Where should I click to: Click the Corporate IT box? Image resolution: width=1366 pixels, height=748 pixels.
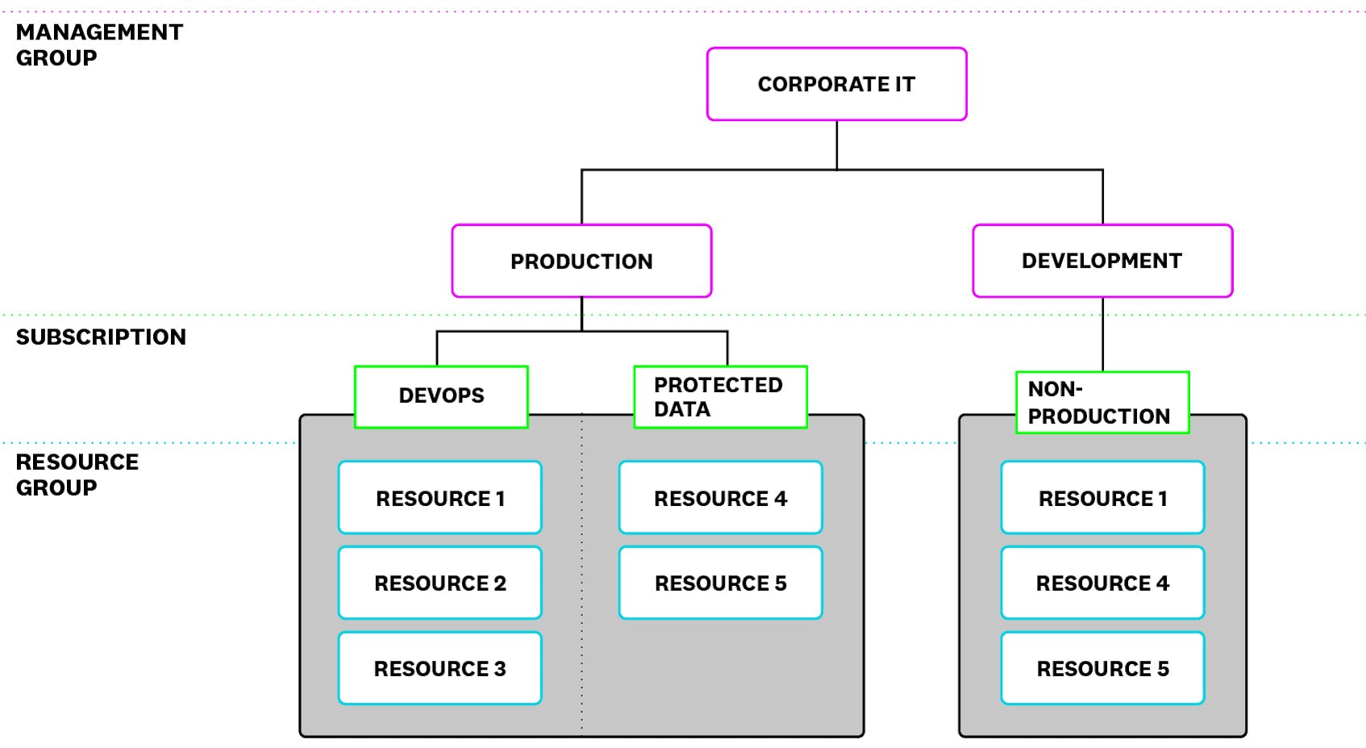click(x=836, y=84)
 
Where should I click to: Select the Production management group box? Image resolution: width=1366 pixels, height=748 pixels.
click(x=581, y=261)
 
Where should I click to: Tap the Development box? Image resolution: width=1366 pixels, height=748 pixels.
click(x=1102, y=261)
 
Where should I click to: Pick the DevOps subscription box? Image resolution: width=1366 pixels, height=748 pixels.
click(x=441, y=396)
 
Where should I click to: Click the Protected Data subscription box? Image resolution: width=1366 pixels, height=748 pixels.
click(x=719, y=396)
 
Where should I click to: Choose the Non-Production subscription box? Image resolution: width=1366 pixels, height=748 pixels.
click(x=1102, y=403)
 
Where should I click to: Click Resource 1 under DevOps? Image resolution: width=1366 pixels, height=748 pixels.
click(x=439, y=498)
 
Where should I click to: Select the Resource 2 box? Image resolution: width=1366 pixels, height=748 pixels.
click(x=439, y=583)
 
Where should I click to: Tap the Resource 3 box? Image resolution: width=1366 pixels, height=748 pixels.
click(x=439, y=668)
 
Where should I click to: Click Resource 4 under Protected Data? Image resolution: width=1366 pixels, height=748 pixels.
click(x=720, y=498)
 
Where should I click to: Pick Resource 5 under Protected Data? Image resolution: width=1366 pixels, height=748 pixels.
click(x=720, y=583)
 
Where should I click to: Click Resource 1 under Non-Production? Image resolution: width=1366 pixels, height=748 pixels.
click(x=1102, y=498)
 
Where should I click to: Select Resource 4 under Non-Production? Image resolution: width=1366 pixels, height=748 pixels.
click(x=1102, y=583)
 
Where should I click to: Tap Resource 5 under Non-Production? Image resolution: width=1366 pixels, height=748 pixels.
click(x=1102, y=668)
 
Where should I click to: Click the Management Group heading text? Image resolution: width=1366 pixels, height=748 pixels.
click(x=98, y=44)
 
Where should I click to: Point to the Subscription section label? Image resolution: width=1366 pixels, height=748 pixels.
click(x=101, y=336)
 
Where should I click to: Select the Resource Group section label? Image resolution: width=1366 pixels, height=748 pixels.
click(x=77, y=474)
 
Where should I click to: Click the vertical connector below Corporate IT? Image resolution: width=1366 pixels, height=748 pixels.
click(x=836, y=145)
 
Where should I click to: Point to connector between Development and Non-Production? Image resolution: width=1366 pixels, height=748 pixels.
click(x=1102, y=334)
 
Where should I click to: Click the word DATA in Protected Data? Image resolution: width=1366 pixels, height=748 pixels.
click(x=682, y=409)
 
